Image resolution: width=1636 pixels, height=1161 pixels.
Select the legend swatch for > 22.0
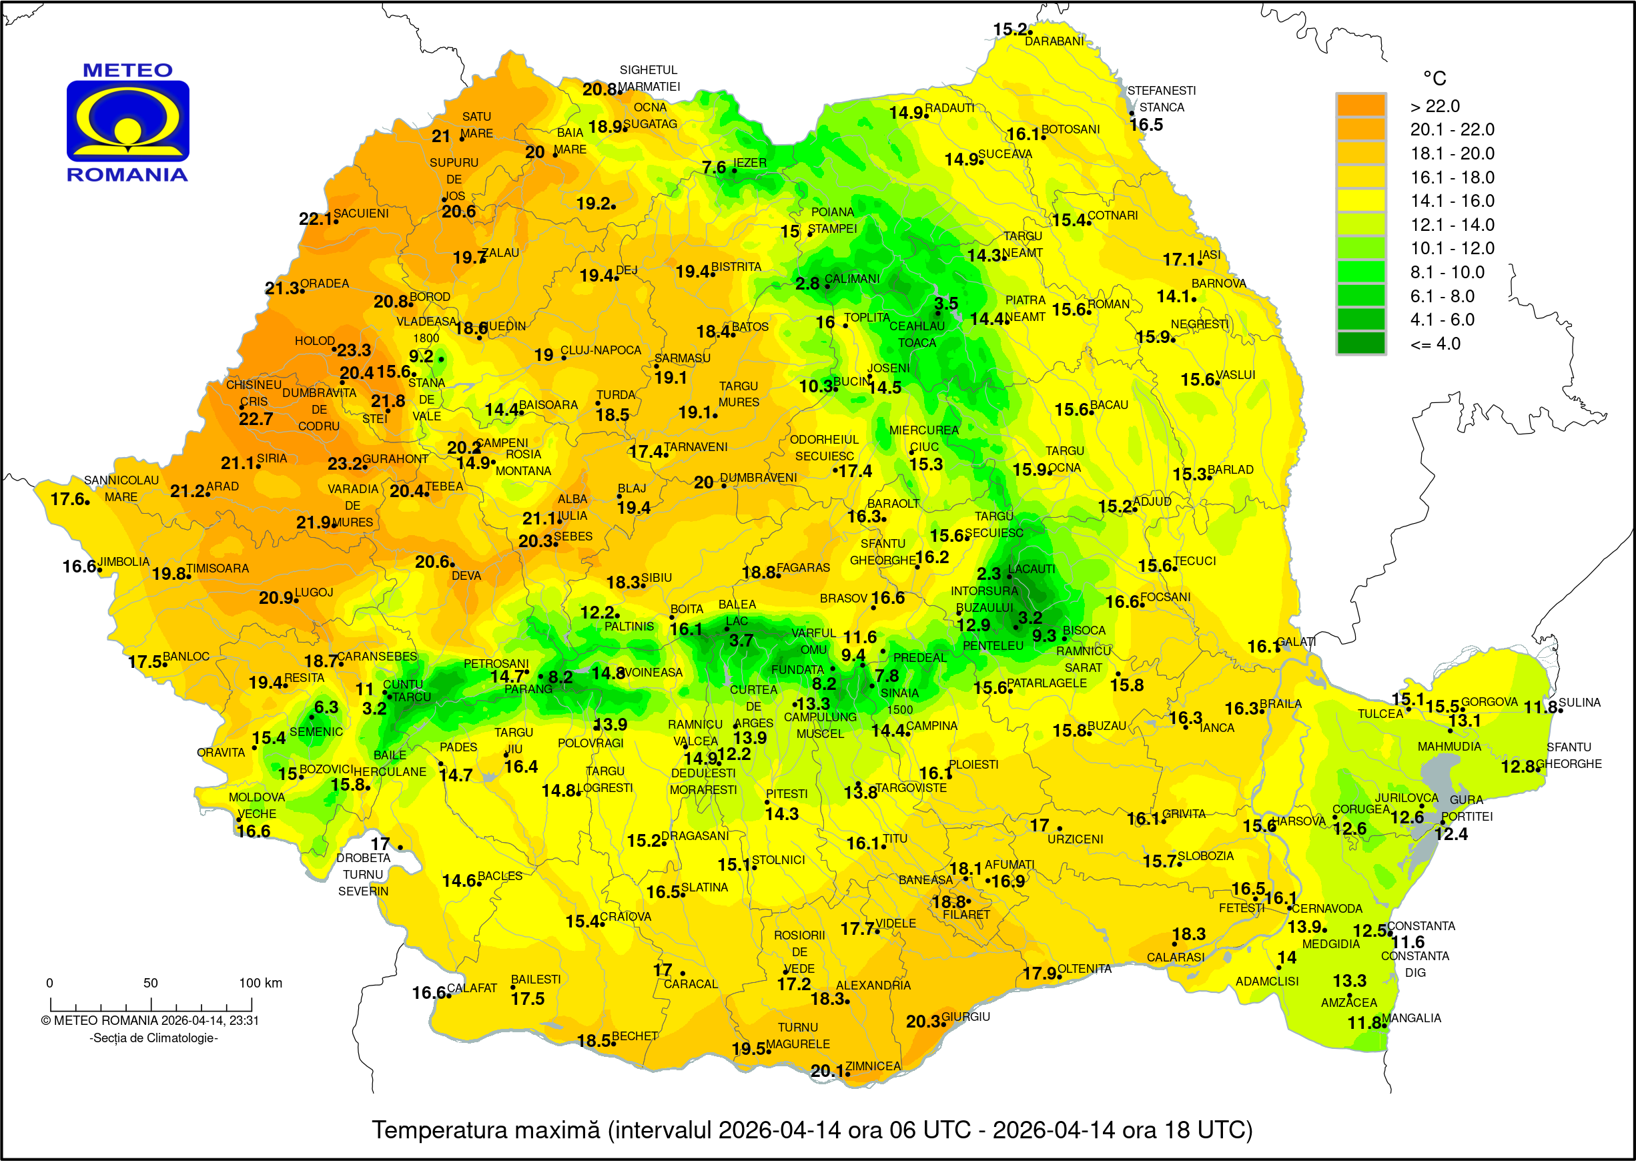[1360, 106]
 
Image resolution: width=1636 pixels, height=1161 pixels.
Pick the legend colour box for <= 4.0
[1360, 343]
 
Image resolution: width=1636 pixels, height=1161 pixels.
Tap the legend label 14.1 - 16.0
[1452, 201]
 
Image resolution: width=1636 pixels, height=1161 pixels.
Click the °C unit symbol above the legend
[1434, 78]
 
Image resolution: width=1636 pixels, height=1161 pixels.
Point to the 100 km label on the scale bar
[260, 982]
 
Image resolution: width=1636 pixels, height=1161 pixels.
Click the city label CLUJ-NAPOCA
[600, 350]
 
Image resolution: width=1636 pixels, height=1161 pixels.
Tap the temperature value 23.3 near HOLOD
[354, 350]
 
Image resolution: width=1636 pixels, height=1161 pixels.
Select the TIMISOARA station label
[218, 568]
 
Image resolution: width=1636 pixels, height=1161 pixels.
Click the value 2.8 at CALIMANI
[807, 284]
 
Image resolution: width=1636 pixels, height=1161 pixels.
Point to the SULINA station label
[1579, 702]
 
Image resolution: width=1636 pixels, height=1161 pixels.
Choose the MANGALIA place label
[1412, 1018]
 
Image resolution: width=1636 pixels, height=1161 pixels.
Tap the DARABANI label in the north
[1054, 41]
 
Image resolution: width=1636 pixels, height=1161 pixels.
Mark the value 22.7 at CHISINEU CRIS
[255, 419]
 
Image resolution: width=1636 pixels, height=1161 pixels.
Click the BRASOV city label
[843, 599]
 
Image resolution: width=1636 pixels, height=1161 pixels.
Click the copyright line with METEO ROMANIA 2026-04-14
[149, 1020]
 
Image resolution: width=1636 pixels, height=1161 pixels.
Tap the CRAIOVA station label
[625, 917]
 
